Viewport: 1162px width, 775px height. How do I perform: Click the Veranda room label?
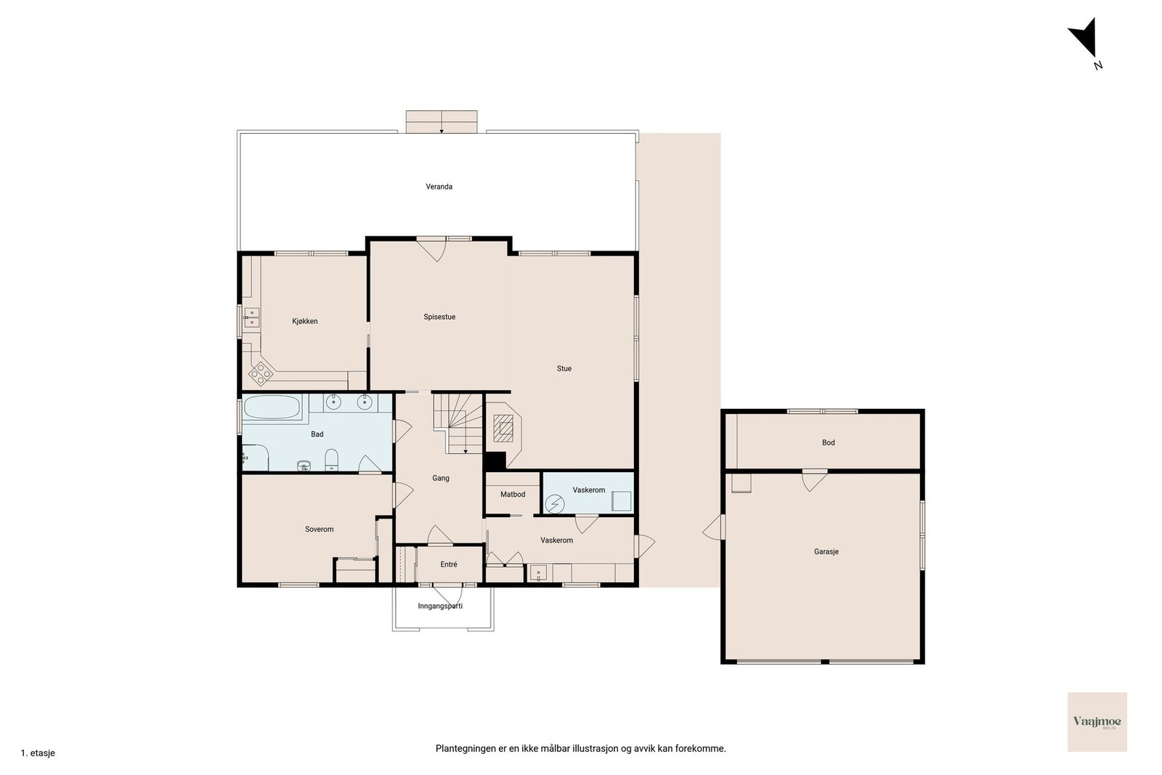[x=439, y=187]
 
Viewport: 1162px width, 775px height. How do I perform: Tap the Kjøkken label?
[x=305, y=321]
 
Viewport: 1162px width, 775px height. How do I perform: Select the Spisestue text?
[x=439, y=317]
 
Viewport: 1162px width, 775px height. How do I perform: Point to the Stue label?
[x=564, y=368]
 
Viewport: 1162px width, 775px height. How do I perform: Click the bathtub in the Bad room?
[x=272, y=407]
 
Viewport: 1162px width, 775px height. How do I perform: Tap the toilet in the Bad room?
[x=331, y=460]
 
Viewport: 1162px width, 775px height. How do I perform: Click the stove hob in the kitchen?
[x=261, y=373]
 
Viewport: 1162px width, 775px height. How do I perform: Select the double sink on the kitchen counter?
[x=251, y=317]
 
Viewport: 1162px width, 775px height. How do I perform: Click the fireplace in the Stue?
[x=503, y=428]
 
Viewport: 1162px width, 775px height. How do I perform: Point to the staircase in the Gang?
[x=458, y=423]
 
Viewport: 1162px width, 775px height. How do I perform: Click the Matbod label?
[x=513, y=495]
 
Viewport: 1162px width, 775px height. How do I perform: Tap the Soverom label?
[x=319, y=529]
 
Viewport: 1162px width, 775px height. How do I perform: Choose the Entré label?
[x=449, y=564]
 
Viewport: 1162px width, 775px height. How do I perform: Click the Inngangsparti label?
[x=440, y=606]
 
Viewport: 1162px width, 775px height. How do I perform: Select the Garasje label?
[x=826, y=551]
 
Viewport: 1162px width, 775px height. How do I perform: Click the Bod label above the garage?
[x=829, y=442]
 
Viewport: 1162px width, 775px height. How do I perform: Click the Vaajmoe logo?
[x=1097, y=722]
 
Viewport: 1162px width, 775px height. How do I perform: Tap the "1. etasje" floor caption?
[x=38, y=753]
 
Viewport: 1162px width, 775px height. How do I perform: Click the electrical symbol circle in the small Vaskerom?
[x=555, y=504]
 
